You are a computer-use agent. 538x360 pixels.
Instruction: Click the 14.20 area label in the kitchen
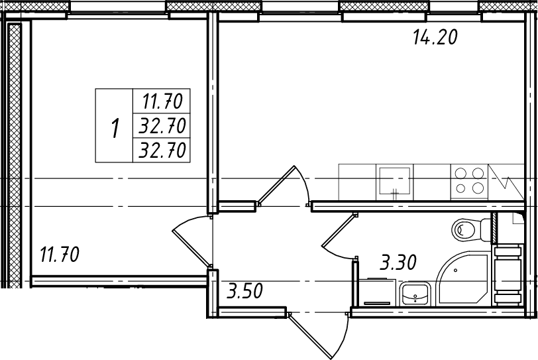435,37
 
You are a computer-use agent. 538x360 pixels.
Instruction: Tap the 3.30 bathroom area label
398,263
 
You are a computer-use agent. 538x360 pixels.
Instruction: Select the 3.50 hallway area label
244,291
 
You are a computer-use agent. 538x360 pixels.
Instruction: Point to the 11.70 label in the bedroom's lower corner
60,255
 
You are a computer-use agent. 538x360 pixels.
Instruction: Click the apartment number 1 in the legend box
115,128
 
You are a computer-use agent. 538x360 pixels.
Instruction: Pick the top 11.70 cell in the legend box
162,101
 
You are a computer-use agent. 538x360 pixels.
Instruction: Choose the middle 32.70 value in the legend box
162,125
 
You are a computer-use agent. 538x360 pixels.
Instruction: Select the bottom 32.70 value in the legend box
162,150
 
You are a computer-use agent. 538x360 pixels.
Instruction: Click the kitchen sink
395,182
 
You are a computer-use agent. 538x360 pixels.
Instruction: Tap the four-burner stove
469,181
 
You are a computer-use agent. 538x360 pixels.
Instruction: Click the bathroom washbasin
415,294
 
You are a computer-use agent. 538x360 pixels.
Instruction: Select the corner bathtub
463,278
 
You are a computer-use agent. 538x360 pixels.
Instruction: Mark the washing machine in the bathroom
377,292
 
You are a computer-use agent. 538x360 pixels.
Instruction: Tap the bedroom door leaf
191,249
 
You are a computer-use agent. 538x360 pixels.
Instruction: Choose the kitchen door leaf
276,184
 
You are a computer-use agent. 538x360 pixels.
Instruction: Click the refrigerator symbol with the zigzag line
506,182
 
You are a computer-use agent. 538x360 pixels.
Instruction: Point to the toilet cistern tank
486,230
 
